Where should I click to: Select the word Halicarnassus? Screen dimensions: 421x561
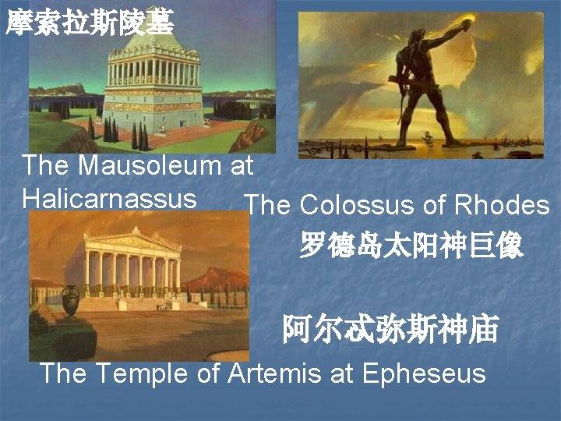point(109,198)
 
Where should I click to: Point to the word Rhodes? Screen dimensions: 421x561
point(502,205)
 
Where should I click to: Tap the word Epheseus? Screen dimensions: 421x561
point(424,373)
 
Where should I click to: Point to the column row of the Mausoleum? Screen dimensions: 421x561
point(153,73)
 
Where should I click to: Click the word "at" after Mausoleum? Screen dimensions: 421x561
point(242,165)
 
